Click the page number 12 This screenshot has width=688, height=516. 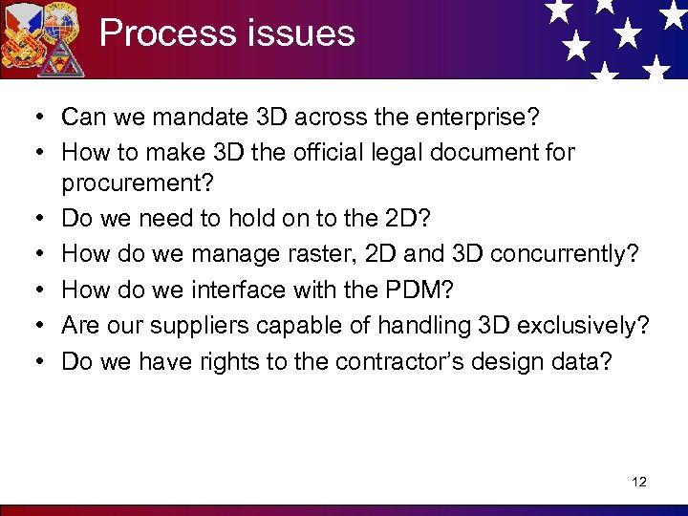[x=639, y=482]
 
